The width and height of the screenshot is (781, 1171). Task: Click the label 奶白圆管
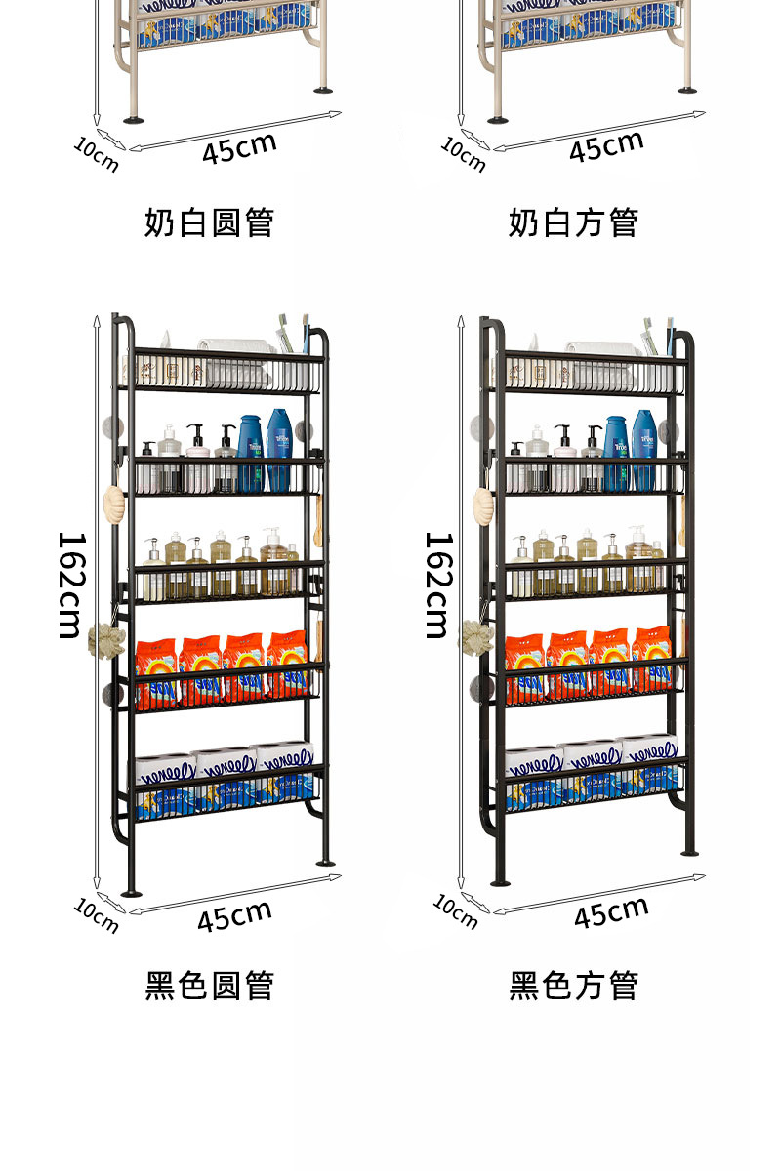click(x=209, y=222)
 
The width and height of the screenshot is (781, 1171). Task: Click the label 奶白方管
click(x=573, y=222)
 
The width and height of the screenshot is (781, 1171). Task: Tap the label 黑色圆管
click(x=209, y=986)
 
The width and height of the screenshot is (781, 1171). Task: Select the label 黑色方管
click(x=573, y=986)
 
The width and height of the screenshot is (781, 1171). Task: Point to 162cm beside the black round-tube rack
click(x=70, y=585)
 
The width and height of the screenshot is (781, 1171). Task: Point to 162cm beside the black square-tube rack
click(x=438, y=585)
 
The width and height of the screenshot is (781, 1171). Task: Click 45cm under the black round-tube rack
click(x=234, y=915)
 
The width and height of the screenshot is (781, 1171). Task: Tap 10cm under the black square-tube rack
click(x=456, y=911)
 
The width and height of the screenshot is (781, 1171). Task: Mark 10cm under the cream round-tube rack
click(x=96, y=154)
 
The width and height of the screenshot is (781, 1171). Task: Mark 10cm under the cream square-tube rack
click(x=463, y=154)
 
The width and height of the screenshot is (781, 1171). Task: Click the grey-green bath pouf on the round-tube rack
click(x=102, y=639)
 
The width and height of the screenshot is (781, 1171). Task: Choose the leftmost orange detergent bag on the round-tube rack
click(x=157, y=672)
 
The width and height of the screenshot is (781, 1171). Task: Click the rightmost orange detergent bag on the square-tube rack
click(x=652, y=659)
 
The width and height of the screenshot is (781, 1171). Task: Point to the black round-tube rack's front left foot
click(x=130, y=890)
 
